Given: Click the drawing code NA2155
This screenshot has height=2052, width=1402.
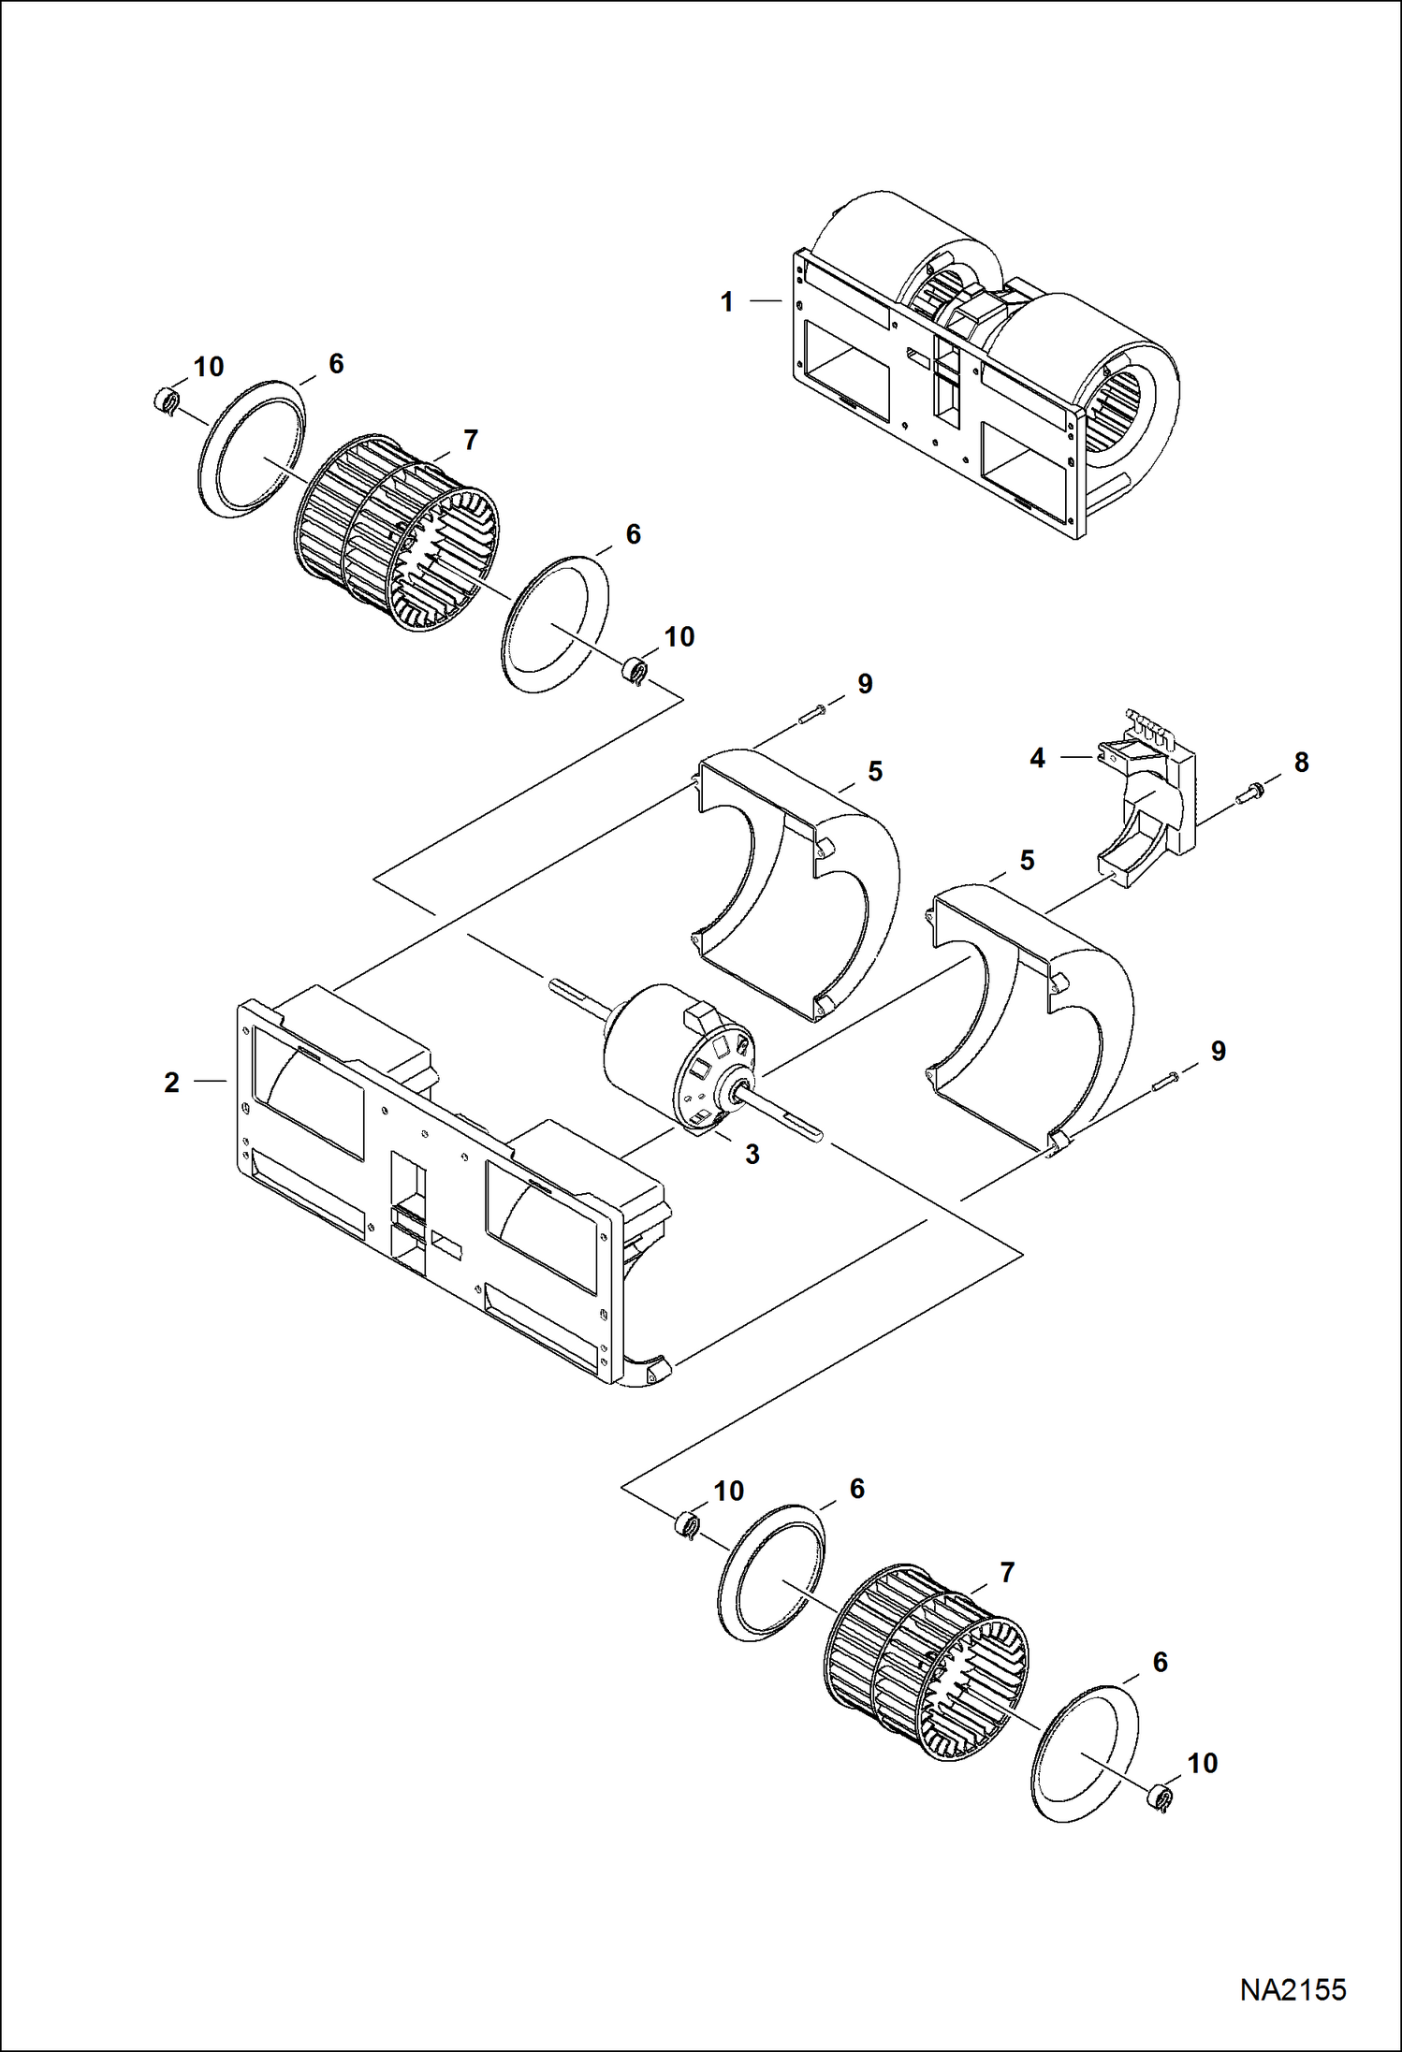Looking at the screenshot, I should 1292,1989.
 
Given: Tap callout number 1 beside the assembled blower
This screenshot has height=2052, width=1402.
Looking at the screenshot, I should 726,302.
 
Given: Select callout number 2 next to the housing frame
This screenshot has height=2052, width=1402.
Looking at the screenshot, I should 171,1083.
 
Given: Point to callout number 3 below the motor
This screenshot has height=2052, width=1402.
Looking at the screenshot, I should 752,1155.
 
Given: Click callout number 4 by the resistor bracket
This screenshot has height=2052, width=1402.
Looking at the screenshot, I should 1037,758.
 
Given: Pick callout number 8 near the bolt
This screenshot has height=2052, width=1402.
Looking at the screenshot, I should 1301,763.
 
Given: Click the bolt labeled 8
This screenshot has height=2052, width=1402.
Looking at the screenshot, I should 1247,795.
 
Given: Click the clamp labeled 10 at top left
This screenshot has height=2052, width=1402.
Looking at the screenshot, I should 166,403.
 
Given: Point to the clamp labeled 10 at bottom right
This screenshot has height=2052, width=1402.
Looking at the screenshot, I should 1161,1797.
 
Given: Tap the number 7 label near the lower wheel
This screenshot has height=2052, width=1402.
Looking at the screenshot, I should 1007,1573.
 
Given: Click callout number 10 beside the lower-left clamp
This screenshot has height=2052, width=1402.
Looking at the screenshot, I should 728,1491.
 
